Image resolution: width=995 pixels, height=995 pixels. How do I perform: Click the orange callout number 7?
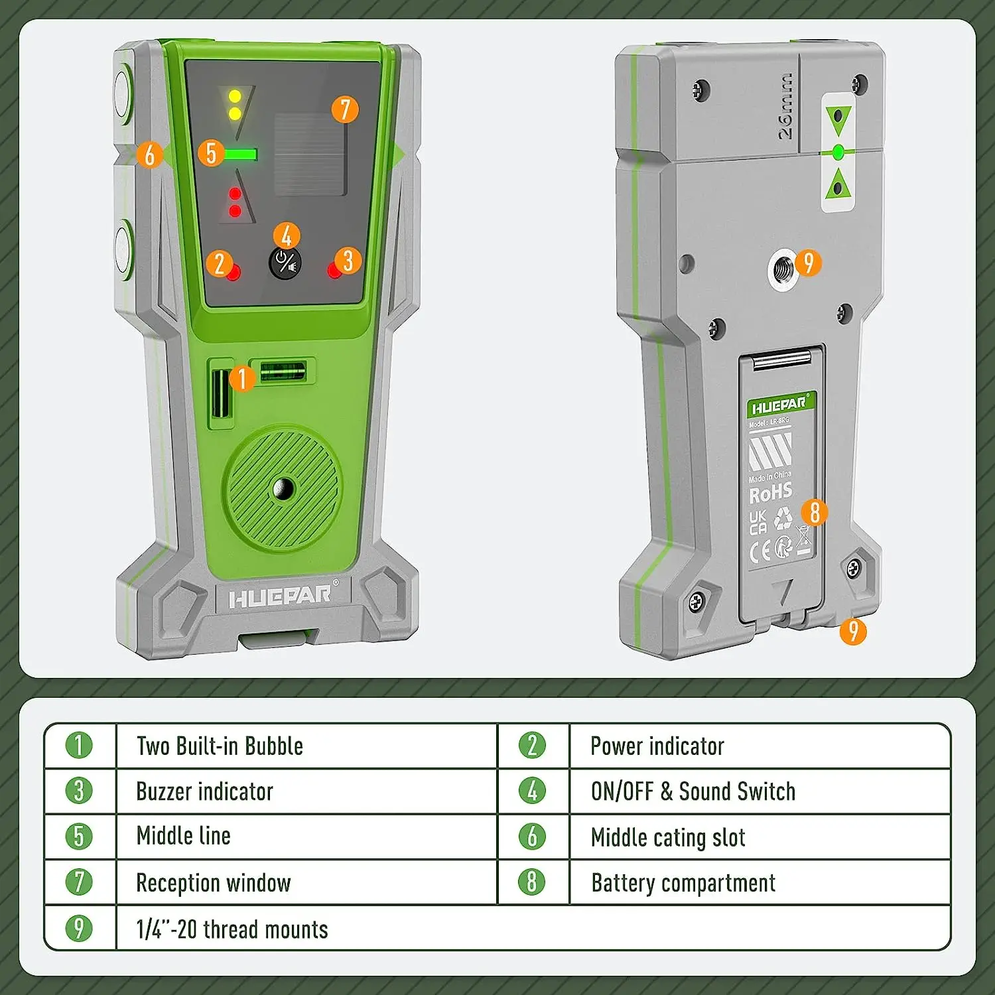pos(345,109)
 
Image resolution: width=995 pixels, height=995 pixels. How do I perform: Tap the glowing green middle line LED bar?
pos(240,155)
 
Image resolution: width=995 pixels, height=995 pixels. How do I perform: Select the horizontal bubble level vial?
pos(283,371)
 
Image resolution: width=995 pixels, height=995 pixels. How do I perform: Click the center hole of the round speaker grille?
pos(284,489)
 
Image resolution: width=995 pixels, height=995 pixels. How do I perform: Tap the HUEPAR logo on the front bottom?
pos(281,596)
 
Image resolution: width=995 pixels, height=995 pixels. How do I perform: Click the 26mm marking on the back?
pos(785,106)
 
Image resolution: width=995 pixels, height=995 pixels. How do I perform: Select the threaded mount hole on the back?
pos(783,269)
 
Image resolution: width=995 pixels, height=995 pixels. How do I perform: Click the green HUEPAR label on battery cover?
pos(780,404)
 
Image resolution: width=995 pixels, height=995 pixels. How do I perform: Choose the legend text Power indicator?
pos(657,746)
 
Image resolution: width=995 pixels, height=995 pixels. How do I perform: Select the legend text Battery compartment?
pos(683,883)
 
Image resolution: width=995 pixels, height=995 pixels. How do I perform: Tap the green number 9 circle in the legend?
pos(79,928)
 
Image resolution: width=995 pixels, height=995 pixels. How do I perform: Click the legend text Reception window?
pos(213,883)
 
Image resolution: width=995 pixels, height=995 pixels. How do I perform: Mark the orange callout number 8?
pos(815,511)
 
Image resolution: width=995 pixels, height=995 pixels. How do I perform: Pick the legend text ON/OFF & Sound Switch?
pos(693,791)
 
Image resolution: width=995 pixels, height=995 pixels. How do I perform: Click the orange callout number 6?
pos(150,155)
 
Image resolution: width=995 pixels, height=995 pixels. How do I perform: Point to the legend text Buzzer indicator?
pos(204,791)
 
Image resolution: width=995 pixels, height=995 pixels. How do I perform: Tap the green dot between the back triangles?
pos(838,153)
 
